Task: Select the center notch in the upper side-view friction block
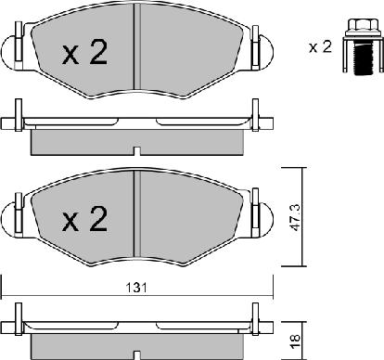(x=136, y=149)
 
